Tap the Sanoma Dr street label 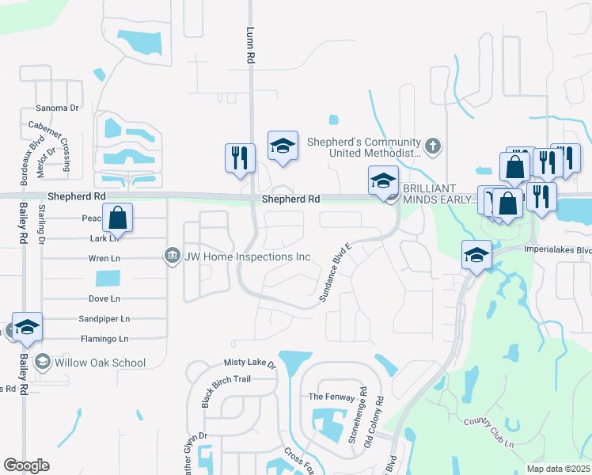pyautogui.click(x=58, y=108)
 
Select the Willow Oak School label pyautogui.click(x=101, y=363)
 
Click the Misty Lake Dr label pyautogui.click(x=249, y=364)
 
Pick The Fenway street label pyautogui.click(x=327, y=397)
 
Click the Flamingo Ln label pyautogui.click(x=104, y=339)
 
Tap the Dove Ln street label pyautogui.click(x=104, y=298)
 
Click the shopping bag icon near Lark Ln pyautogui.click(x=117, y=218)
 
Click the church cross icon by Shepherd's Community pyautogui.click(x=432, y=146)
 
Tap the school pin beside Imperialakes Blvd pyautogui.click(x=476, y=255)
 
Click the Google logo pyautogui.click(x=26, y=465)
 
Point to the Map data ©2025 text pyautogui.click(x=557, y=469)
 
